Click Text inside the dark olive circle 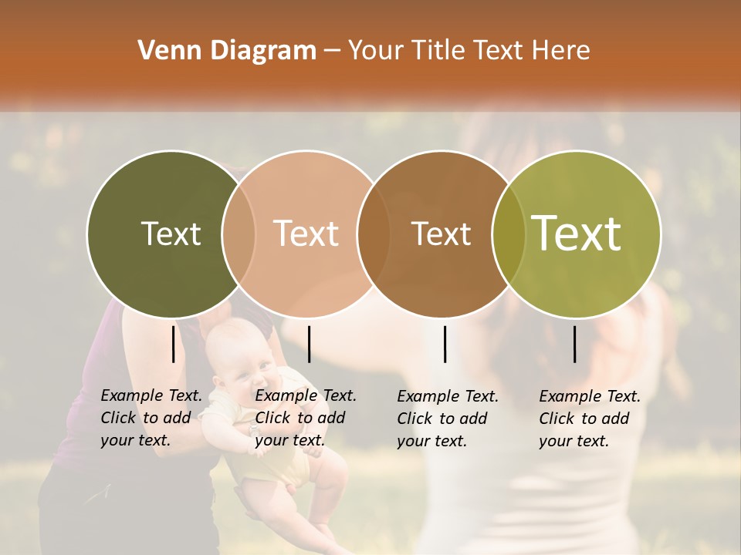coord(171,234)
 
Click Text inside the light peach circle coord(306,234)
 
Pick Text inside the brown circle coord(442,234)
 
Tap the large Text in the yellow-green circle coord(577,234)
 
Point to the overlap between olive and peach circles coord(239,234)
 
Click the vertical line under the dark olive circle coord(174,344)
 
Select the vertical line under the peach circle coord(309,344)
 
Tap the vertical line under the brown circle coord(445,344)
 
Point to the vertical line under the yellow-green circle coord(575,344)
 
